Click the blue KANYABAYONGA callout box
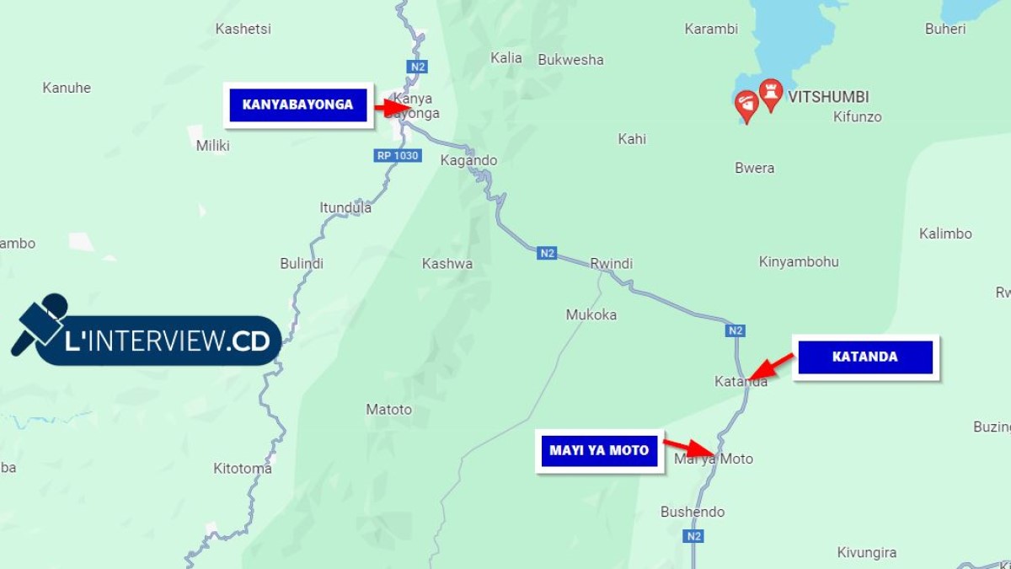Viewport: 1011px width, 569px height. (298, 105)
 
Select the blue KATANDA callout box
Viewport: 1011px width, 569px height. (865, 357)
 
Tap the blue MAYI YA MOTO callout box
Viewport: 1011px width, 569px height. (599, 450)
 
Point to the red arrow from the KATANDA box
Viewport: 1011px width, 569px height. (770, 367)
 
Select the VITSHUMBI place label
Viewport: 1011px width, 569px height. (828, 97)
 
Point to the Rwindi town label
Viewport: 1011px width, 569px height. (611, 264)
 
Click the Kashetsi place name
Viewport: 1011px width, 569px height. (243, 29)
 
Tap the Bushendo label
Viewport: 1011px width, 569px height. (693, 512)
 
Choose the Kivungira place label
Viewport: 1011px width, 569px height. (867, 553)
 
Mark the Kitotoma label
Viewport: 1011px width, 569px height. (243, 469)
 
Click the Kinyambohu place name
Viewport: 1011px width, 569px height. (799, 261)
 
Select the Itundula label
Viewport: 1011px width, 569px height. (345, 207)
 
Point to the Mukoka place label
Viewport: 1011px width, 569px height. (591, 314)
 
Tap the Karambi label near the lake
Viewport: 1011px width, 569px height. (711, 29)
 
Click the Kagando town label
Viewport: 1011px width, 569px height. (469, 160)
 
